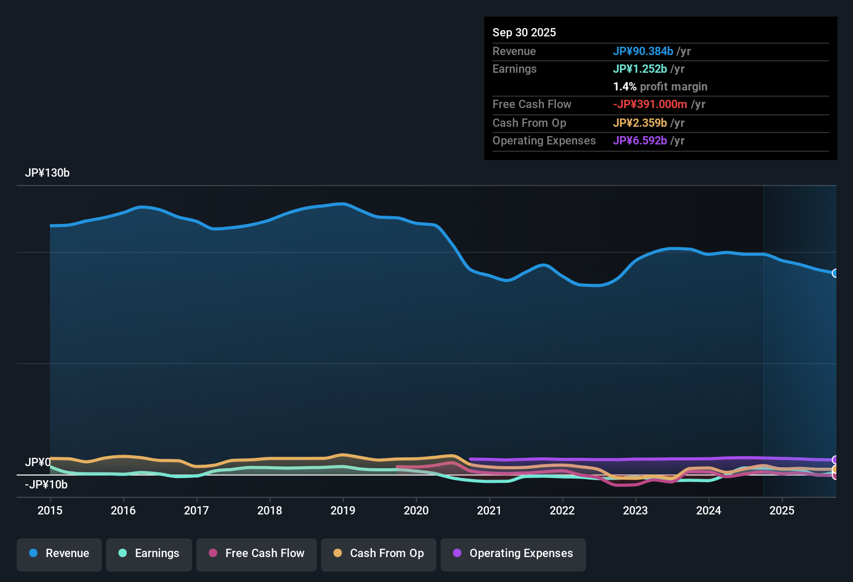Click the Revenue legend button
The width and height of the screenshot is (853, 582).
click(59, 553)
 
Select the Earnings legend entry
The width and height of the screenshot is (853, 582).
click(149, 553)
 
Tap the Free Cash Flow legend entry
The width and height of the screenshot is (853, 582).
click(257, 553)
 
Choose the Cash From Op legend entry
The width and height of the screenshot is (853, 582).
click(379, 553)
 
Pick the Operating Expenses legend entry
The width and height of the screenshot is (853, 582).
click(513, 553)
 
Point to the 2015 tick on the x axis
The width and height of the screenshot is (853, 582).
click(50, 510)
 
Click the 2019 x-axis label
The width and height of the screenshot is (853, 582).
click(343, 510)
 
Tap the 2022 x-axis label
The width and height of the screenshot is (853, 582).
click(562, 510)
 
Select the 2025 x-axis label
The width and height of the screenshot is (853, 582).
click(782, 510)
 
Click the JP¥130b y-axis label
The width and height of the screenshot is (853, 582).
click(47, 173)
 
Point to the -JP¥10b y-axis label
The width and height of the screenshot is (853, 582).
click(46, 485)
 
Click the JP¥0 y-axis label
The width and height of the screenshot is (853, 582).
click(37, 462)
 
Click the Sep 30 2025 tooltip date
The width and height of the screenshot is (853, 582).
click(524, 33)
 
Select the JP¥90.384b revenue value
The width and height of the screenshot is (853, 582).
click(643, 51)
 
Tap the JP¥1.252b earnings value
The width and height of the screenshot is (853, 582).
click(639, 69)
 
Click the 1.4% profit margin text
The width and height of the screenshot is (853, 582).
click(660, 87)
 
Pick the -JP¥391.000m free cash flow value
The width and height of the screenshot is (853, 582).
click(650, 104)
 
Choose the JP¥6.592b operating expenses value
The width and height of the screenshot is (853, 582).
click(639, 141)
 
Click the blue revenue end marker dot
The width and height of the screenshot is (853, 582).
click(835, 273)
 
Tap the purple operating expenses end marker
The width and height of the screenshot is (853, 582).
click(835, 460)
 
